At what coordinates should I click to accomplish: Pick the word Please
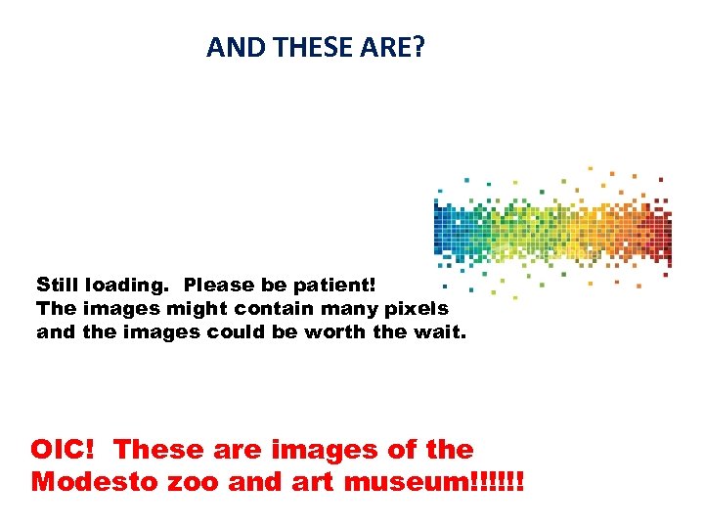[x=217, y=286]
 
